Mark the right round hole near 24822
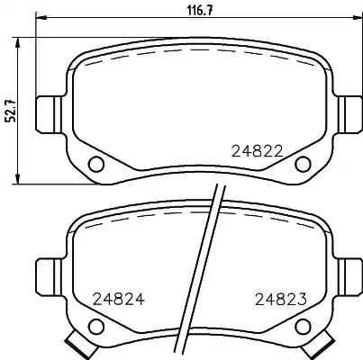tap(302, 164)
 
